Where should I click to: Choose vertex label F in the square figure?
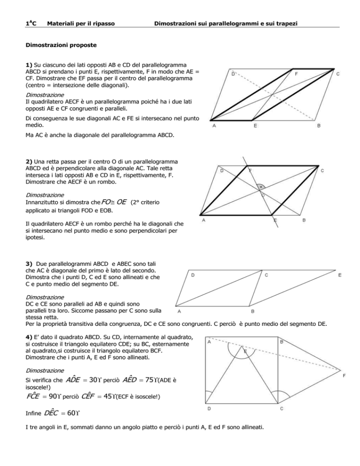tap(344, 375)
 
